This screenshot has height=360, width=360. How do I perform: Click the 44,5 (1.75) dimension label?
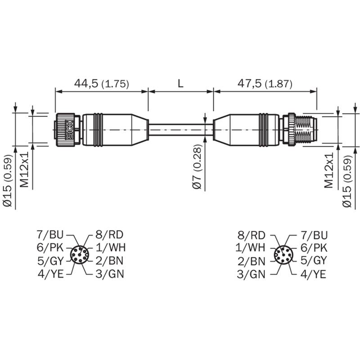[x=102, y=84]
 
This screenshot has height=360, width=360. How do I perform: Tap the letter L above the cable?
[x=181, y=84]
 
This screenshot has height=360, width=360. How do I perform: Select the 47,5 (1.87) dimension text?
[x=265, y=84]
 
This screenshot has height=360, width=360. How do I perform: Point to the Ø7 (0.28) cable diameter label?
[x=197, y=167]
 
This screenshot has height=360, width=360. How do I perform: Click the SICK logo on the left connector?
[x=70, y=130]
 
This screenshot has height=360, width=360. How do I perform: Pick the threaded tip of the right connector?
[x=306, y=130]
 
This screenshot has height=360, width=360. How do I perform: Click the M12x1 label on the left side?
[x=24, y=170]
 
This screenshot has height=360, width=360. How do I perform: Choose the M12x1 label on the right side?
[x=328, y=170]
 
